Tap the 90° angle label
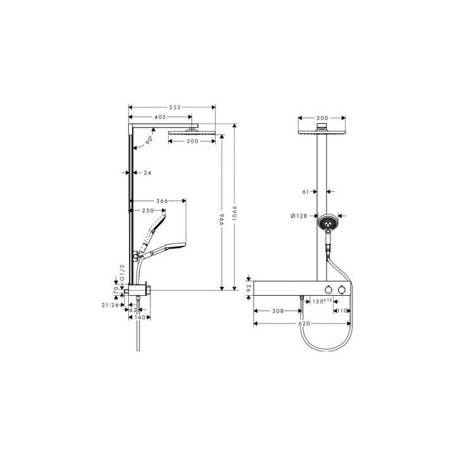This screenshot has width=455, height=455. pos(150,140)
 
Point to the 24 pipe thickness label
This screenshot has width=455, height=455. pos(147,172)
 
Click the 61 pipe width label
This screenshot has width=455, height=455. pos(306,191)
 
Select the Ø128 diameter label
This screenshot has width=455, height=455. pos(298,217)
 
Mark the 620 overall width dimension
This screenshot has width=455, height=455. pos(303,323)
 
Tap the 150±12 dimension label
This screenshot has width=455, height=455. pos(323,301)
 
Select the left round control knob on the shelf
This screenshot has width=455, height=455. pos(329,289)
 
